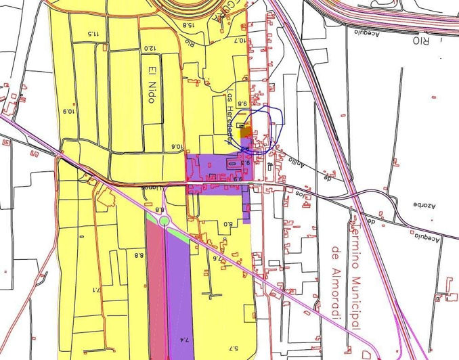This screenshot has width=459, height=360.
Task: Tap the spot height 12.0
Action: [149, 49]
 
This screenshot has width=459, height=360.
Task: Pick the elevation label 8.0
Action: [227, 224]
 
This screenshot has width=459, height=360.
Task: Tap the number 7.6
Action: [217, 257]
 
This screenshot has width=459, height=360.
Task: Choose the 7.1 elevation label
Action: [96, 290]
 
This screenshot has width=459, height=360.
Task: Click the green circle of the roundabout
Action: [164, 221]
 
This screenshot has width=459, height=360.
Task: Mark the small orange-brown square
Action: [247, 131]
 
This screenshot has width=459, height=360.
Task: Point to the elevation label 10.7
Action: [240, 41]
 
